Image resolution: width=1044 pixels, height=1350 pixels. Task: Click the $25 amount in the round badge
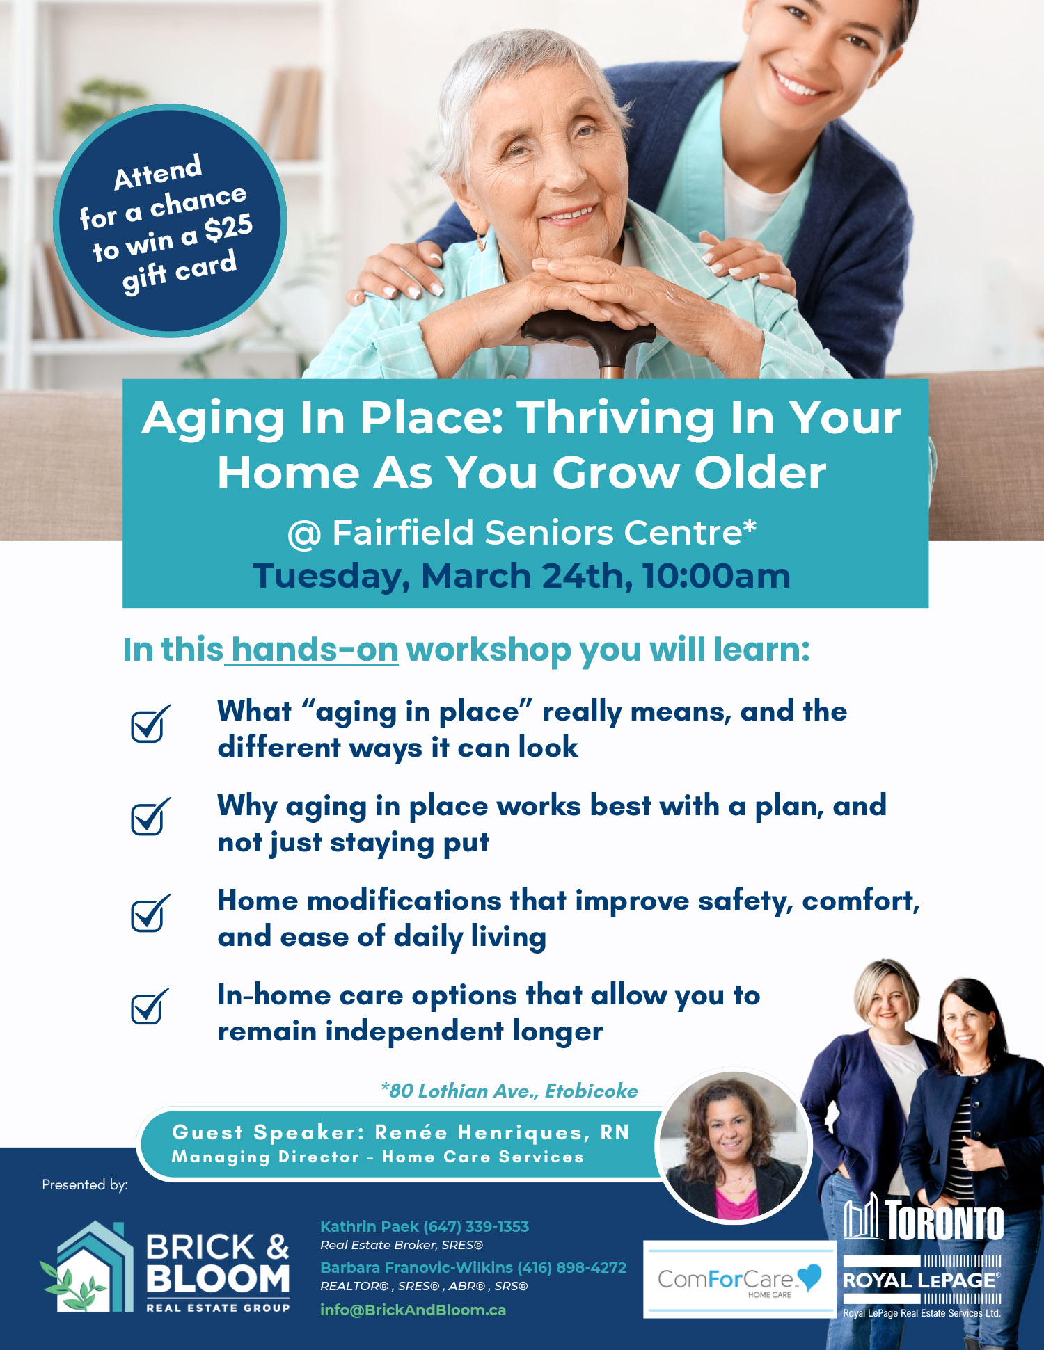click(228, 228)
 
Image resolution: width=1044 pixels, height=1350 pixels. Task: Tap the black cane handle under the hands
click(588, 331)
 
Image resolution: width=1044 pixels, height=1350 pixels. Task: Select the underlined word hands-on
click(315, 650)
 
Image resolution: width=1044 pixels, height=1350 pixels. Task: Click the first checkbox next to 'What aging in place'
click(150, 723)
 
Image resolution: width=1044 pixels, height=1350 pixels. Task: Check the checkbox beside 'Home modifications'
click(150, 913)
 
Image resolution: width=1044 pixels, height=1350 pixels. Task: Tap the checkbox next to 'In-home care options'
click(150, 1006)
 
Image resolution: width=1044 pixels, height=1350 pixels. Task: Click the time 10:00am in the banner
click(716, 576)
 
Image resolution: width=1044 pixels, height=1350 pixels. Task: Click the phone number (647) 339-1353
click(476, 1226)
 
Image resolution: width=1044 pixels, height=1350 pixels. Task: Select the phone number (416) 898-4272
click(571, 1267)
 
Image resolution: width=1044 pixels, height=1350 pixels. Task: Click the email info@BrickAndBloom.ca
click(413, 1310)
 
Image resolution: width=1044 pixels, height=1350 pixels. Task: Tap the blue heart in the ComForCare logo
click(809, 1277)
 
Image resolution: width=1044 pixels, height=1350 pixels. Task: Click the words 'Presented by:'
click(85, 1184)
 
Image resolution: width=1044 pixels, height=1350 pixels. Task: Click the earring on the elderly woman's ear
click(481, 241)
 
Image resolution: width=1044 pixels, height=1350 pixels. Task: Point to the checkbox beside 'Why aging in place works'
click(150, 817)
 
